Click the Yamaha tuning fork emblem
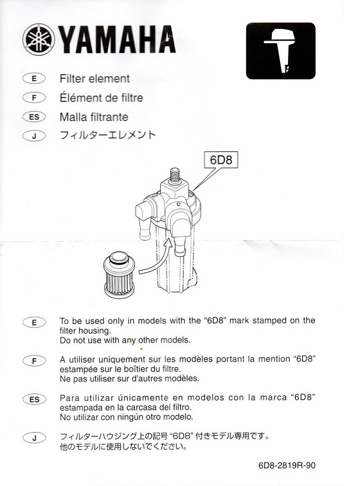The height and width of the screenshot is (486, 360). coord(39,40)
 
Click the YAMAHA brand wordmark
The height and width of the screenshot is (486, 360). coord(117,40)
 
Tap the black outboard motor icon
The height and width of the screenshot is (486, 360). coord(281,51)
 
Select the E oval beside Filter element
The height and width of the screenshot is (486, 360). coord(34,79)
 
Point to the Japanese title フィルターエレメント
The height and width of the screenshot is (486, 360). coord(107,135)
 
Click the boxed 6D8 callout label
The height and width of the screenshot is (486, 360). coord(221,160)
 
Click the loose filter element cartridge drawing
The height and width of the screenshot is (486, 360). coord(119,275)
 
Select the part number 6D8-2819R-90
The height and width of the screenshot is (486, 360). coord(287,465)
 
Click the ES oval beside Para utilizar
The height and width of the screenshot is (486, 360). coord(34,400)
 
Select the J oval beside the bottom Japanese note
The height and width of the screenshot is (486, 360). coord(34,438)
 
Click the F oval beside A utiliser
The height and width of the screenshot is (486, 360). coord(34,361)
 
